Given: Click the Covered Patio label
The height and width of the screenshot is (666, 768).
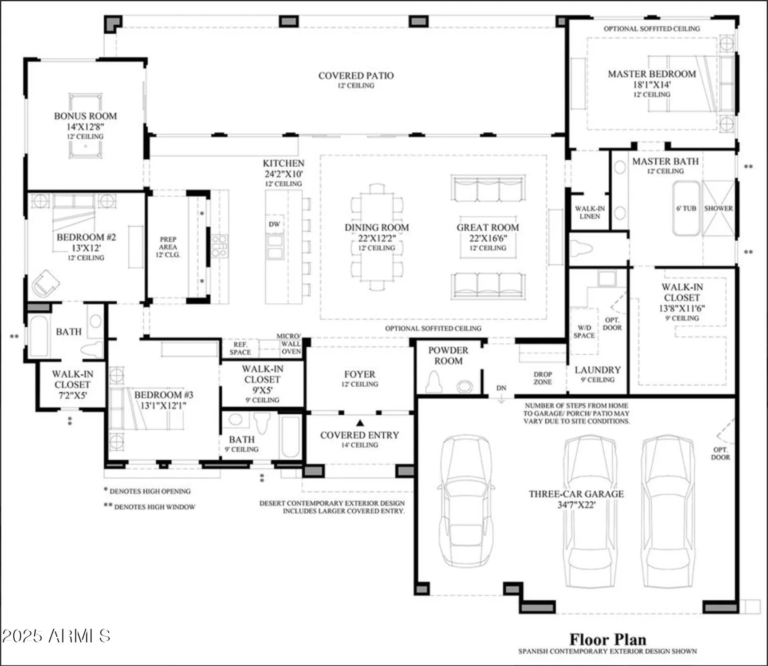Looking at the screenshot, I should point(356,76).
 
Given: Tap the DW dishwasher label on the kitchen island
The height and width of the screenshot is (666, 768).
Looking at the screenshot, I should point(274,224).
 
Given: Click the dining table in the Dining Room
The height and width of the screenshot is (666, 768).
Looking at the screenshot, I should point(377,237).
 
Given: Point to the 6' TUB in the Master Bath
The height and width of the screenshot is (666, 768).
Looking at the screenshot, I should point(686,208).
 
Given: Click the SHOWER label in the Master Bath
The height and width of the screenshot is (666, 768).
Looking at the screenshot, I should point(718,208).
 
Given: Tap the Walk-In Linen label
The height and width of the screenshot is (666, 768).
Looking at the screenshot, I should point(590,212).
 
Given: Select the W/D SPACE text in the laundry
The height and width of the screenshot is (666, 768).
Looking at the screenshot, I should point(584,332).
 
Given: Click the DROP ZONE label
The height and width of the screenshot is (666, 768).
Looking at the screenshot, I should point(543,378).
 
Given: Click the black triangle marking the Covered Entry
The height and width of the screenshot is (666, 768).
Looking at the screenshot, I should point(360,423).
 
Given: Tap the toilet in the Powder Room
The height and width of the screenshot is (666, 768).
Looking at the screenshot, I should point(433,382).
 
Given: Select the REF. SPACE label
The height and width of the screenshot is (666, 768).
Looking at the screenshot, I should point(240,348).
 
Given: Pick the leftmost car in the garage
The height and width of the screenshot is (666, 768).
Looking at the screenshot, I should point(466,499).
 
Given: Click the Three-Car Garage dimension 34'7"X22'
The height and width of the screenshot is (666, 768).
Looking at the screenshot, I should point(576,505).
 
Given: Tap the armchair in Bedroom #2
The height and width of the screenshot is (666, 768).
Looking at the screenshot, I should point(45,283).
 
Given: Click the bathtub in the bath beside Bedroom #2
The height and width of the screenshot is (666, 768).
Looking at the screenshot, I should point(39,336).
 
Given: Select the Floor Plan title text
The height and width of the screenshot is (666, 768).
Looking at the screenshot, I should point(607,639).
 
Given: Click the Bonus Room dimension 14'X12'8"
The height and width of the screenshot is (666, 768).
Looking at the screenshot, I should point(85,127).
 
